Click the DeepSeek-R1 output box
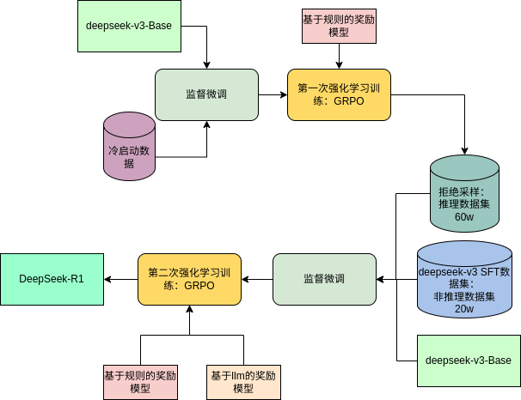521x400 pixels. pos(52,279)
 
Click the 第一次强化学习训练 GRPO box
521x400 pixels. pos(338,94)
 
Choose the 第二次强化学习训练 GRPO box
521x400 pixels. pos(188,279)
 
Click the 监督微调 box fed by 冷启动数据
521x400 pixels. pos(206,94)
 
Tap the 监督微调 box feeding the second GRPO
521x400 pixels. pos(324,279)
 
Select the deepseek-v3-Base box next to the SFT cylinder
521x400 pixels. pos(469,359)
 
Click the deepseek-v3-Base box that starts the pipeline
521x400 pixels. pos(129,25)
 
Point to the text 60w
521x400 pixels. pos(463,217)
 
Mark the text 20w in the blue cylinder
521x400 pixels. pos(463,309)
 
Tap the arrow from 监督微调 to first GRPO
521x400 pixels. pos(273,94)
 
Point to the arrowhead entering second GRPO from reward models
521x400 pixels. pos(188,311)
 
